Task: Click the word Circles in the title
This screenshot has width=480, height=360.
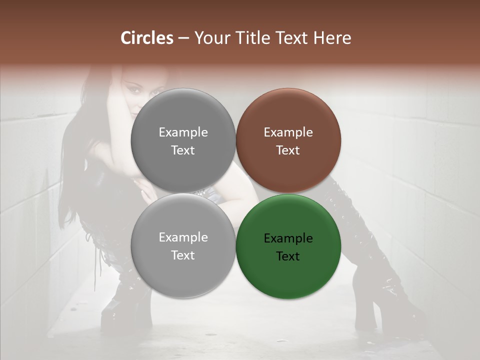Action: [147, 38]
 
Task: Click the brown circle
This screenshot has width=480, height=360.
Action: [288, 140]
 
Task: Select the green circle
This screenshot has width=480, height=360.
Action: [288, 246]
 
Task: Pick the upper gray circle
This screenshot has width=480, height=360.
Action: [183, 140]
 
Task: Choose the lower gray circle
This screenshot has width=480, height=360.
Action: [183, 245]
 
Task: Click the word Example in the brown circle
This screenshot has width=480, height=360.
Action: [288, 132]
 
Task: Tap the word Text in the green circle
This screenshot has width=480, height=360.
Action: [288, 256]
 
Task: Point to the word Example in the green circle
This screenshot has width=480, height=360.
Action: [288, 238]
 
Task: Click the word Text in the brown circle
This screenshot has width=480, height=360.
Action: [288, 150]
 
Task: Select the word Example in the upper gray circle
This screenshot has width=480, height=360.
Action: [183, 132]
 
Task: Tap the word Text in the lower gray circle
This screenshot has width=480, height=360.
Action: [183, 255]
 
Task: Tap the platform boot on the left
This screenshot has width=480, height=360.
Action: [117, 310]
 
